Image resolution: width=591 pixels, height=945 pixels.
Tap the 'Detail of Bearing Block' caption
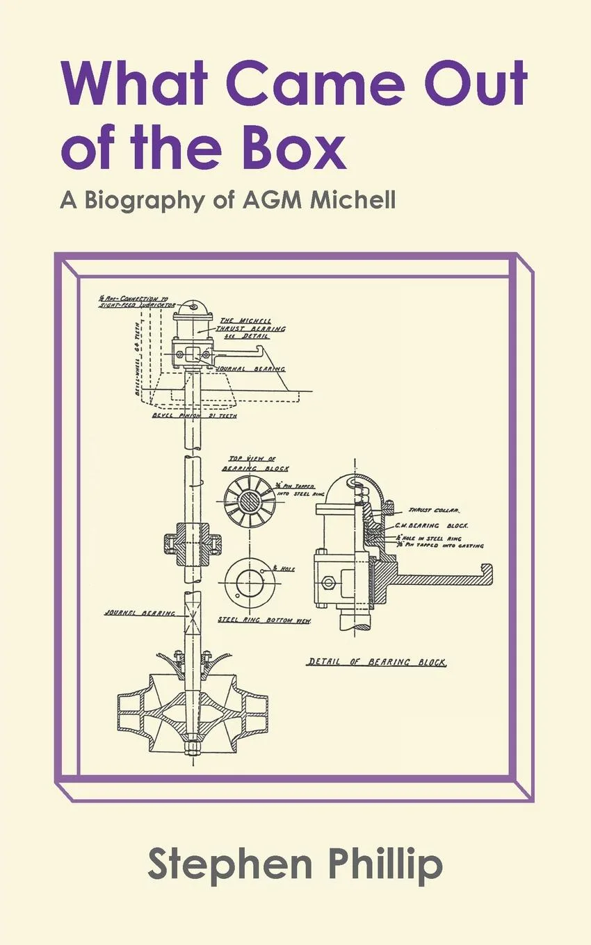coord(376,661)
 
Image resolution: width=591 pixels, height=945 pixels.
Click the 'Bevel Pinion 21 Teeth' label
coord(194,416)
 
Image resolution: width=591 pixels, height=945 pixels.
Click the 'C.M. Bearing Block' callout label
coord(442,527)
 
